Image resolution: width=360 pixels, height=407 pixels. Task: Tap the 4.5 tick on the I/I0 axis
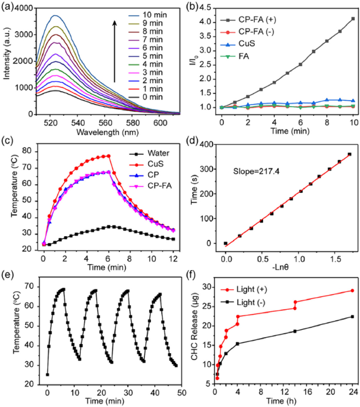207,8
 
